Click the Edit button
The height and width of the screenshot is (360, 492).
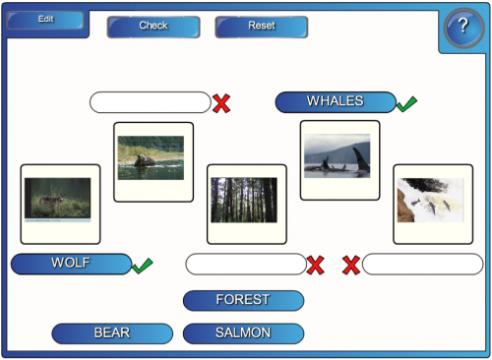pyautogui.click(x=46, y=19)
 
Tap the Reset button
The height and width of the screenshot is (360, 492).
pyautogui.click(x=261, y=26)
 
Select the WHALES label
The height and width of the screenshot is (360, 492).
pyautogui.click(x=336, y=101)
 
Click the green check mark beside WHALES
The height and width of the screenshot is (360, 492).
pyautogui.click(x=406, y=102)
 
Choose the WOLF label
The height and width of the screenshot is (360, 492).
pyautogui.click(x=71, y=264)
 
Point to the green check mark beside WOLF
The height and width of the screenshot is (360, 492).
pyautogui.click(x=142, y=265)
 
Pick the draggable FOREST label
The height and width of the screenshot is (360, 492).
pyautogui.click(x=243, y=300)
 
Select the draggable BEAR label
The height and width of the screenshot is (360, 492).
pyautogui.click(x=111, y=333)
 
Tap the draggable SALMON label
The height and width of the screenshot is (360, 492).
pyautogui.click(x=243, y=333)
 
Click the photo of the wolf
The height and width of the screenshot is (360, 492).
pyautogui.click(x=57, y=200)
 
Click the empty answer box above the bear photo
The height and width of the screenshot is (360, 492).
pyautogui.click(x=150, y=102)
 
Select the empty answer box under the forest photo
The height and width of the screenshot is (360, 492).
pyautogui.click(x=246, y=264)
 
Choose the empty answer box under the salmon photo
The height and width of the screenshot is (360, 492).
pyautogui.click(x=422, y=264)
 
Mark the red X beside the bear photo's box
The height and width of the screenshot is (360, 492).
pyautogui.click(x=221, y=102)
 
